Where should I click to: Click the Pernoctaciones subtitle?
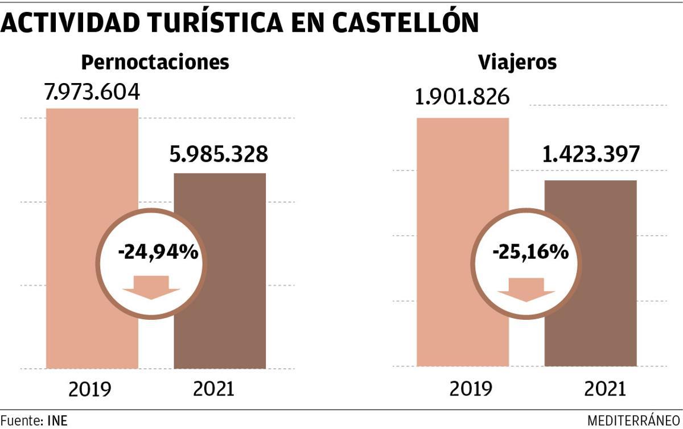point(155,62)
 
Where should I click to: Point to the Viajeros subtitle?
point(517,62)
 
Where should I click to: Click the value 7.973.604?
point(92,92)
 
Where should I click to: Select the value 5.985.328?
point(219,154)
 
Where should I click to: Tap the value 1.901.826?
point(462,98)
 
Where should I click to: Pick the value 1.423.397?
point(590,154)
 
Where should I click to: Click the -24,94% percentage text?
point(158,251)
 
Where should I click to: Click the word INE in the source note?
point(57,421)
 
